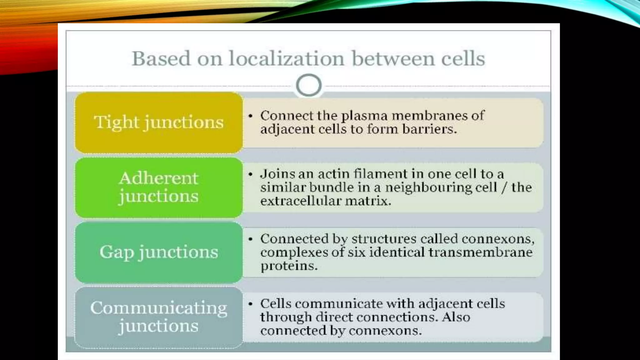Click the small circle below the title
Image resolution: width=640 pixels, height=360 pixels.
(308, 85)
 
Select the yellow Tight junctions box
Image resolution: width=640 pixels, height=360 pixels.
(159, 122)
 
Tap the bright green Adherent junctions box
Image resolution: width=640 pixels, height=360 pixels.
(159, 187)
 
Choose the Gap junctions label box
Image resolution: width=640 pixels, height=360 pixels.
(159, 252)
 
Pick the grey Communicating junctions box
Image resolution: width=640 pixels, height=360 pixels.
(159, 317)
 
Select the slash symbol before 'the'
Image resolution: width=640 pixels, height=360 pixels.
(504, 187)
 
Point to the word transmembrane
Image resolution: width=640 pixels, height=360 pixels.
(480, 252)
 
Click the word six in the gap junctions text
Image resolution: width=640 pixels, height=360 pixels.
(357, 252)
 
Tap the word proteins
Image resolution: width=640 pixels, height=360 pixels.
(289, 266)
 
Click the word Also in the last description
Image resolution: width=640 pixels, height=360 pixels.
(456, 317)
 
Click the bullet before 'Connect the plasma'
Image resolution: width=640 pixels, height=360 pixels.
(250, 116)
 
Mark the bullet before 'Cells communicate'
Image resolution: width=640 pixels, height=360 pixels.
(250, 304)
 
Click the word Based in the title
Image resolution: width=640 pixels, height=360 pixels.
(161, 58)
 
